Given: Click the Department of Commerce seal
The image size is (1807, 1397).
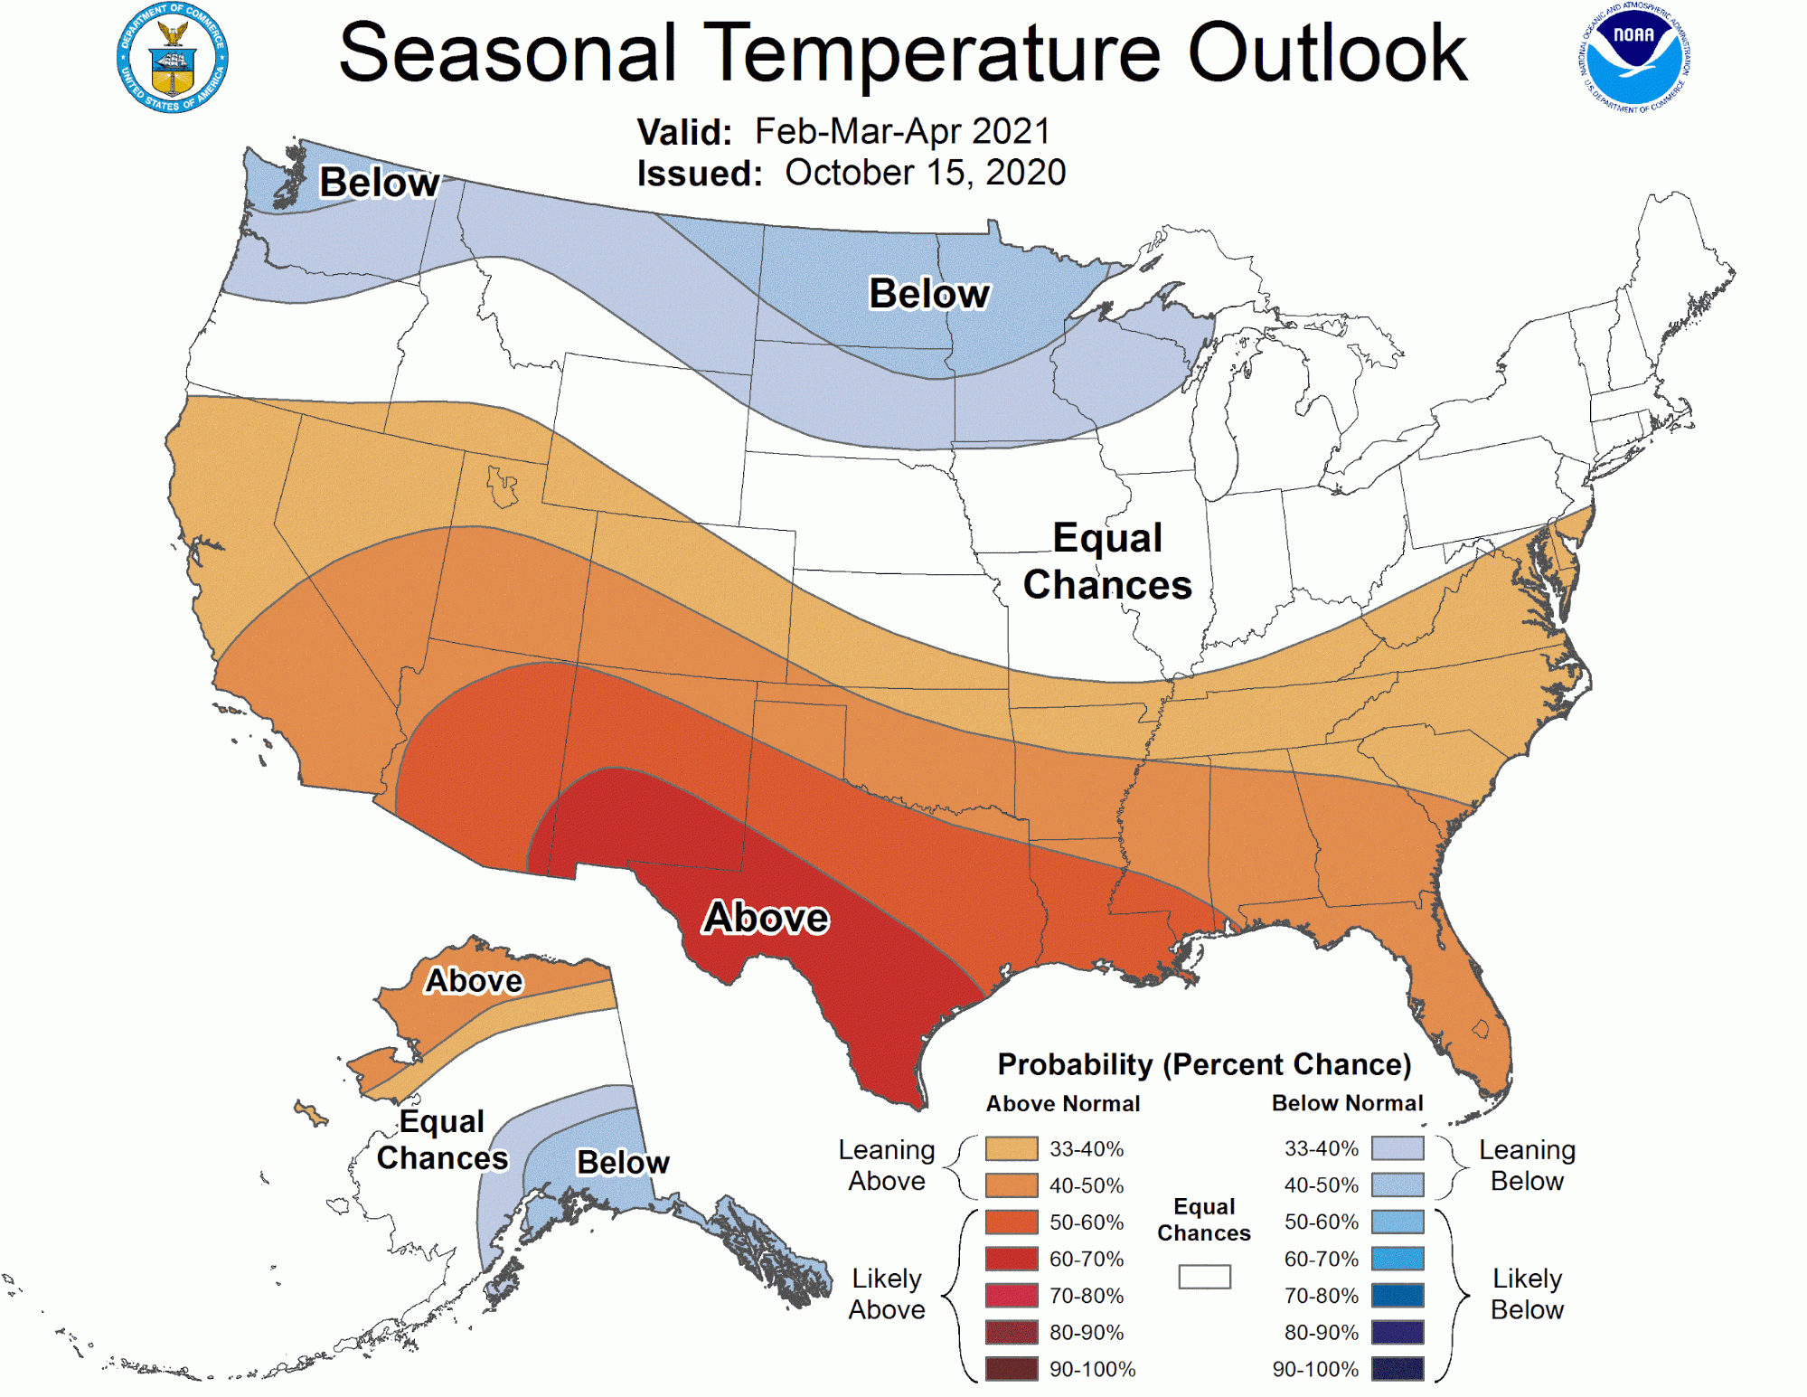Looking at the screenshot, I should pyautogui.click(x=172, y=58).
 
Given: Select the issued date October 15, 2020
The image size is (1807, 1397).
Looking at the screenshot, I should pyautogui.click(x=925, y=173).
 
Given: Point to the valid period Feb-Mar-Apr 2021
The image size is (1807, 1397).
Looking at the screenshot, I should pyautogui.click(x=902, y=132).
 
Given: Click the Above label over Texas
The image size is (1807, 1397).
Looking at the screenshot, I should pyautogui.click(x=766, y=918).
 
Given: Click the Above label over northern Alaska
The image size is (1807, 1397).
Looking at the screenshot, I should pyautogui.click(x=474, y=981).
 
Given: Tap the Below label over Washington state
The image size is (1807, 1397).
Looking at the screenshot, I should pyautogui.click(x=379, y=183).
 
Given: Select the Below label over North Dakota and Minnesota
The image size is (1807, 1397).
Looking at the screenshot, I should pyautogui.click(x=928, y=294).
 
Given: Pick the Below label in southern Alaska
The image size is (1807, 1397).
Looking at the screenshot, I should pyautogui.click(x=623, y=1163).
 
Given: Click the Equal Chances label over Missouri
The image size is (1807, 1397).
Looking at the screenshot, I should pyautogui.click(x=1107, y=562).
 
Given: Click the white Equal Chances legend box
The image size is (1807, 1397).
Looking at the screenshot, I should pyautogui.click(x=1204, y=1277).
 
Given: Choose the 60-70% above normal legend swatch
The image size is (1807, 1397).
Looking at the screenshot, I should pyautogui.click(x=1012, y=1259).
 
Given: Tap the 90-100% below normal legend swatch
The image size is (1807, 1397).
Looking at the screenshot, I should pyautogui.click(x=1397, y=1369).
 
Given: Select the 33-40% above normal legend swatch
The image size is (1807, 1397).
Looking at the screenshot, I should pyautogui.click(x=1012, y=1149).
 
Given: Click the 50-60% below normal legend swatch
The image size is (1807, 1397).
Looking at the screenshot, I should pyautogui.click(x=1397, y=1222).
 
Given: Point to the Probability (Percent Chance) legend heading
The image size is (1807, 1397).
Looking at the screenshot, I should pyautogui.click(x=1203, y=1064).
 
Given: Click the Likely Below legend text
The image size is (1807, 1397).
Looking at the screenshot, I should pyautogui.click(x=1526, y=1294).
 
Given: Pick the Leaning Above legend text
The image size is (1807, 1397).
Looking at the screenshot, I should pyautogui.click(x=886, y=1166).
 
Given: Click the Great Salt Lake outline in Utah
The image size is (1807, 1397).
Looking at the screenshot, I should pyautogui.click(x=502, y=486).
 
